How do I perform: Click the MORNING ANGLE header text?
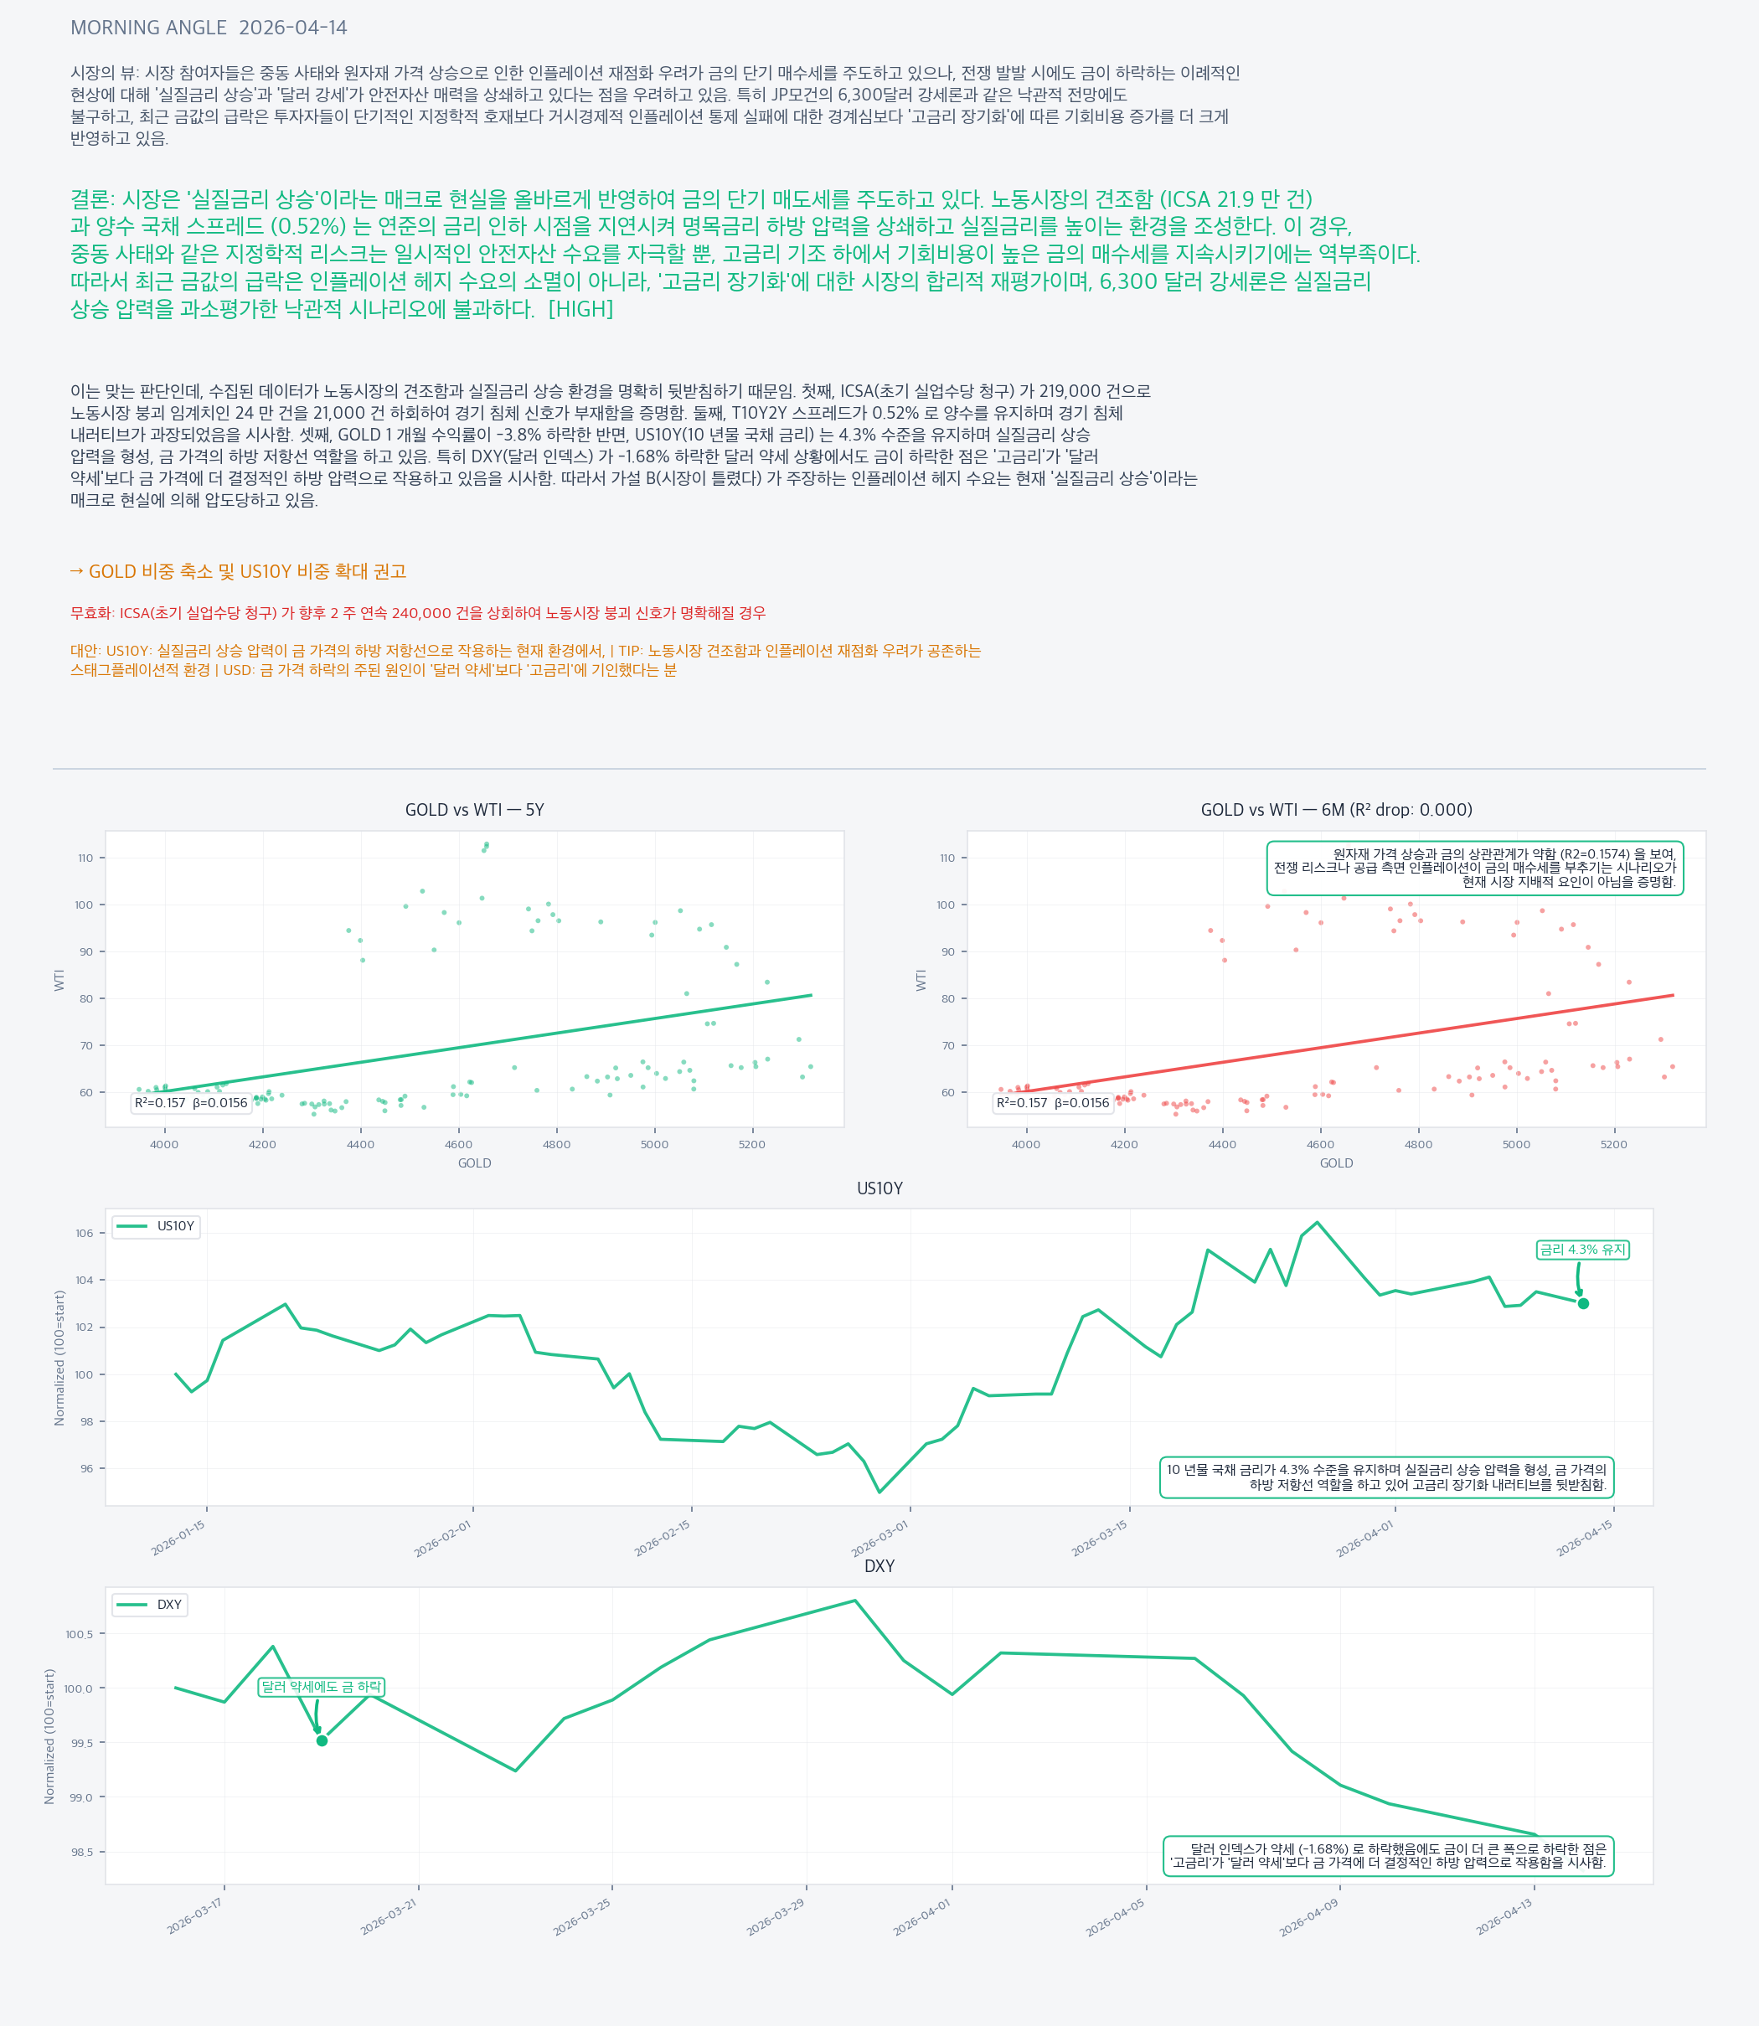pos(148,28)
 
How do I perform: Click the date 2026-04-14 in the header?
pos(292,28)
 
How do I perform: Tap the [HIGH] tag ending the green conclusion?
pos(580,309)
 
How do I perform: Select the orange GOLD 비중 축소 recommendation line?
pos(238,571)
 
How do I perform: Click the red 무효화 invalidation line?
pos(417,612)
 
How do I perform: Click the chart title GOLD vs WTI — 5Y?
pos(474,810)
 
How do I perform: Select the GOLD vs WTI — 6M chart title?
pos(1336,810)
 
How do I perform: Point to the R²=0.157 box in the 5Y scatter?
pos(192,1102)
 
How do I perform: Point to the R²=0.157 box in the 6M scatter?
pos(1053,1102)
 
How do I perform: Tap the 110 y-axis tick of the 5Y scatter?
pos(85,858)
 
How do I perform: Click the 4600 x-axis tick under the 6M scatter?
pos(1320,1145)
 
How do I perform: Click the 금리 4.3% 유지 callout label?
pos(1582,1250)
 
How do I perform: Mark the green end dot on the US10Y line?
pos(1583,1303)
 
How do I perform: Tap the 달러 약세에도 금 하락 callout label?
pos(321,1686)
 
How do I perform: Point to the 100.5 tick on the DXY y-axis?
pos(80,1634)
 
